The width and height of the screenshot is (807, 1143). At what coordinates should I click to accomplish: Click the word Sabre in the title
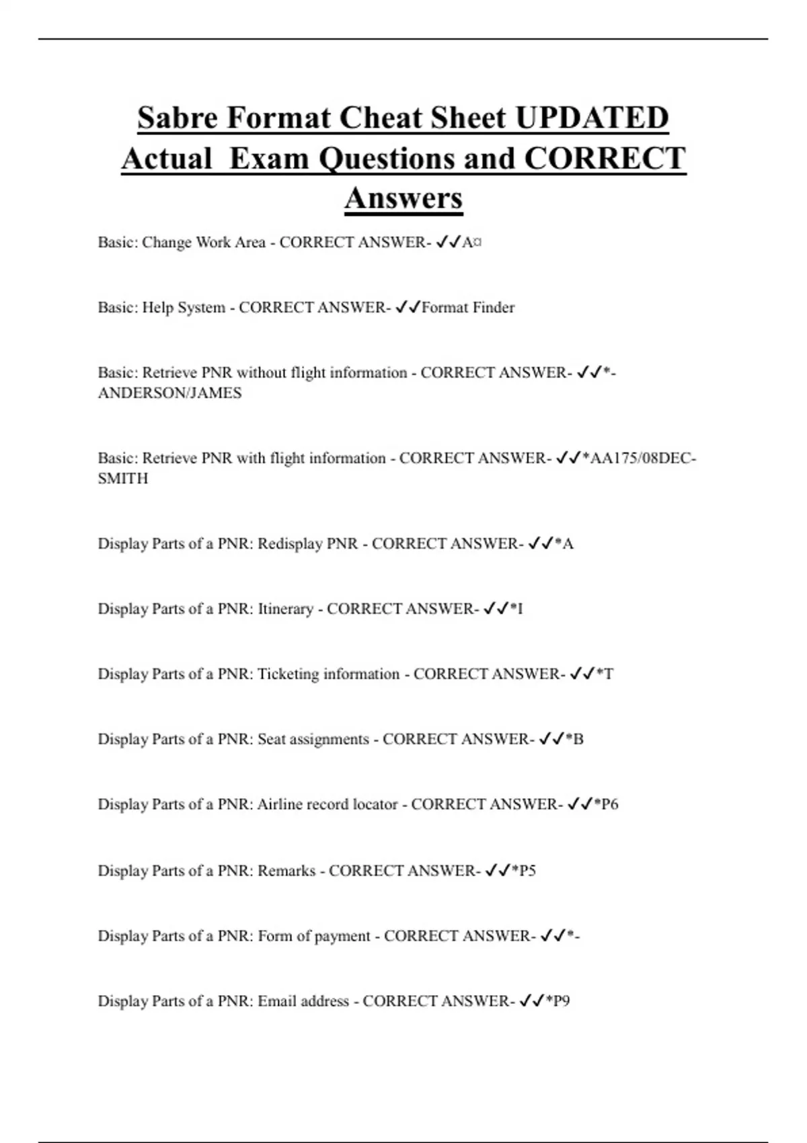pos(178,118)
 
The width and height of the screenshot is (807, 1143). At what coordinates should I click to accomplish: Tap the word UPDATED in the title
pos(592,118)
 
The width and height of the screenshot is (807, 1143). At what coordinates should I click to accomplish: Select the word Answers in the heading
pos(403,198)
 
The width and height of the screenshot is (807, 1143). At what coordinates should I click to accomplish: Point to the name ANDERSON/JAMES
pos(169,393)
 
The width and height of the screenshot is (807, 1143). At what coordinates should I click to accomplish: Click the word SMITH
pos(122,478)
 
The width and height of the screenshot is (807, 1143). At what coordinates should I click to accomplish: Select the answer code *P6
pos(606,804)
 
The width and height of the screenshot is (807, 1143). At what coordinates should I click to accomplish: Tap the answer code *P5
pos(524,871)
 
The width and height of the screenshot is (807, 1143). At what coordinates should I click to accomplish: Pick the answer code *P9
pos(558,1001)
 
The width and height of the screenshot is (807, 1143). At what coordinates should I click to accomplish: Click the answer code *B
pos(575,739)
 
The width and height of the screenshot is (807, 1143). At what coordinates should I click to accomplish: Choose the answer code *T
pos(605,674)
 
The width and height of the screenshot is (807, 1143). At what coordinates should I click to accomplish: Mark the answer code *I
pos(516,608)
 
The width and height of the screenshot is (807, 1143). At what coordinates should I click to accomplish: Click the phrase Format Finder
pos(468,307)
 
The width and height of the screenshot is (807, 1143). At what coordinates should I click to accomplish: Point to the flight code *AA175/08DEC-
pos(639,458)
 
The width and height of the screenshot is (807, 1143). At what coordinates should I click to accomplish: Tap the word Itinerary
pos(285,608)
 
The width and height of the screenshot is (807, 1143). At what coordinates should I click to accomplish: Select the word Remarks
pos(286,871)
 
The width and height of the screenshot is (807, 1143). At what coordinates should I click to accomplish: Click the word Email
pos(277,1001)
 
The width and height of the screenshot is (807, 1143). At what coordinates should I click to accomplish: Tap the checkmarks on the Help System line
pos(408,307)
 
